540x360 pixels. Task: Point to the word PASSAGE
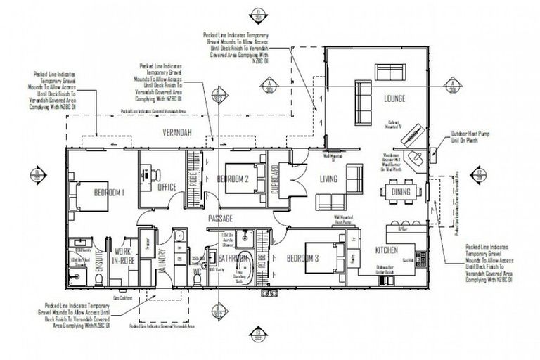click(x=219, y=219)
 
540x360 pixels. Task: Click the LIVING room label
click(x=329, y=179)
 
